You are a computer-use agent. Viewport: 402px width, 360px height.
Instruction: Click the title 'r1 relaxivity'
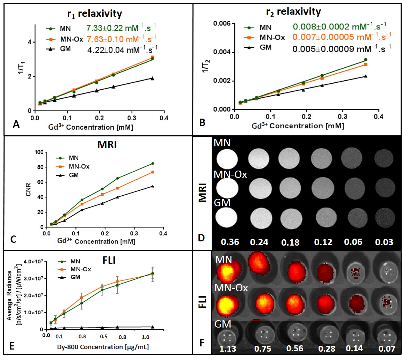pyautogui.click(x=95, y=14)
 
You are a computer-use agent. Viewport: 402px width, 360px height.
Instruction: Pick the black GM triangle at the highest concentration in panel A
pyautogui.click(x=152, y=78)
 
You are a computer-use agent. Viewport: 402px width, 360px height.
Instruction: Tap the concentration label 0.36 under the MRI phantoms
pyautogui.click(x=227, y=242)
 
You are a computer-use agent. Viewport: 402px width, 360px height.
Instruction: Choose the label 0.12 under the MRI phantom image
pyautogui.click(x=323, y=242)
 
